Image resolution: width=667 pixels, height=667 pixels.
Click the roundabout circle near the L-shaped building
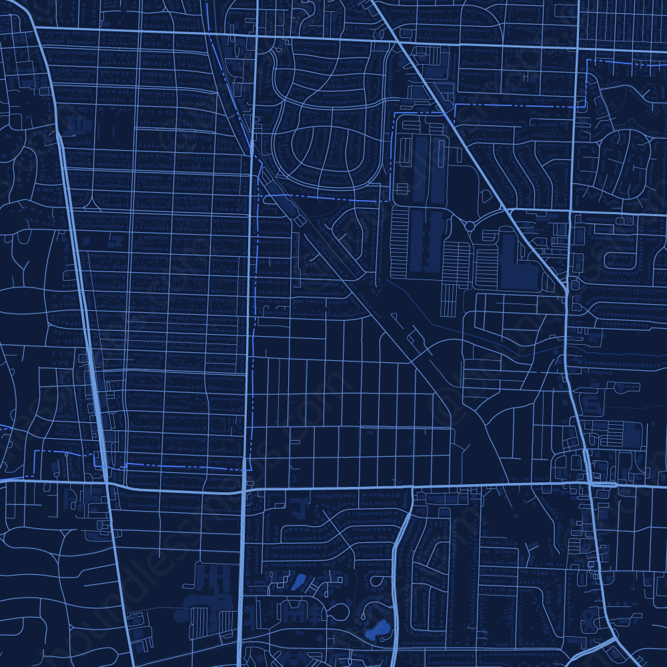(x=470, y=226)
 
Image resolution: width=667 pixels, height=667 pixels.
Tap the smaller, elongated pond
(x=297, y=582)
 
